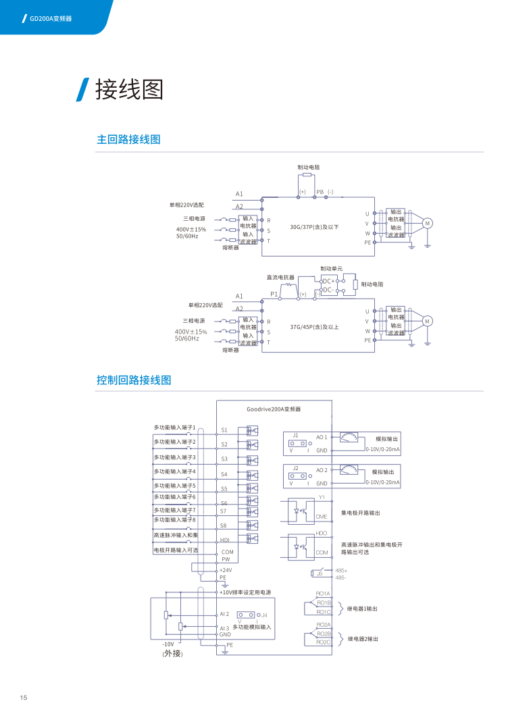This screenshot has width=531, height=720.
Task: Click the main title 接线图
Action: [130, 89]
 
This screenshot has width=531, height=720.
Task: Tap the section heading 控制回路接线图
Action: [134, 380]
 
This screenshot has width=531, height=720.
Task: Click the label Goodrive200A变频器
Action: [273, 409]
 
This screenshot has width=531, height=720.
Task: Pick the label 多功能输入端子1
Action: [174, 428]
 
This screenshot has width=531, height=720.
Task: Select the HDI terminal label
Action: [226, 540]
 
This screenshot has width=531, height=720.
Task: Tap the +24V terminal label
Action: [226, 570]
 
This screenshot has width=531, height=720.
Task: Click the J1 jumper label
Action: [296, 435]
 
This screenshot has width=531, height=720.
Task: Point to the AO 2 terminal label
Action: [322, 469]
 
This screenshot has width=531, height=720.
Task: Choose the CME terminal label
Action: [321, 517]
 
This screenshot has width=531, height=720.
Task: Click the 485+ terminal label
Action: [341, 570]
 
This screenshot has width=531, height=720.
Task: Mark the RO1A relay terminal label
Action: [323, 593]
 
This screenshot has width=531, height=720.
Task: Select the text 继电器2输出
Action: [362, 638]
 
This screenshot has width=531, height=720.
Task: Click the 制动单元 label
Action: [331, 269]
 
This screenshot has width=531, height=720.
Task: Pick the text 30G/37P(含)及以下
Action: [314, 227]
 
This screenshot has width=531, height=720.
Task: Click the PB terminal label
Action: [320, 192]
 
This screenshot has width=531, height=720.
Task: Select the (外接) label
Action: [172, 654]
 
